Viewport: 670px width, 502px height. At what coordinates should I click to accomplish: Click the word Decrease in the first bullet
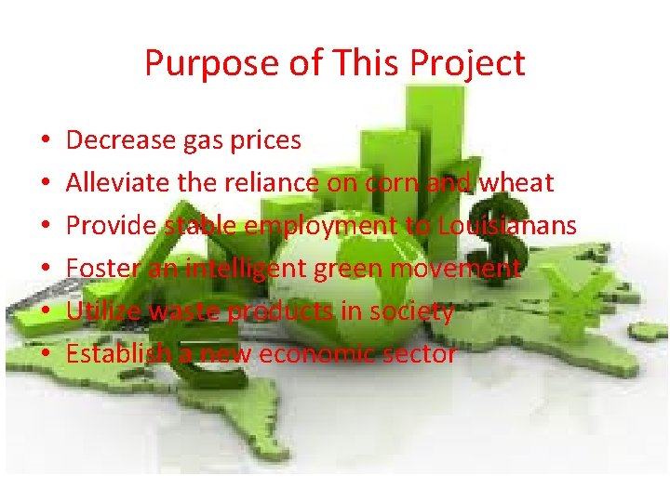pos(121,140)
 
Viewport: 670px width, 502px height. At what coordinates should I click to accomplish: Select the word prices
pos(265,140)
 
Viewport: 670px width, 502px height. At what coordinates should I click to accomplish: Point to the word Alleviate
pos(119,183)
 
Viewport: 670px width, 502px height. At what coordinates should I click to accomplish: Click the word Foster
pos(99,269)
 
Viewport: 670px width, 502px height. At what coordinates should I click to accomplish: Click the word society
pos(411,311)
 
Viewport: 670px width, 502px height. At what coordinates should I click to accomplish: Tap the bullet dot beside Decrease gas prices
pos(45,141)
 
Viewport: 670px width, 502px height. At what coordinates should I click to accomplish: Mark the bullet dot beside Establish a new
pos(45,355)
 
